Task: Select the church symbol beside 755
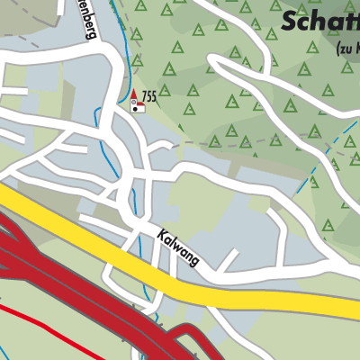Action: point(137,106)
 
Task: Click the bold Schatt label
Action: point(319,21)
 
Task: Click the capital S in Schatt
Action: point(291,21)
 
